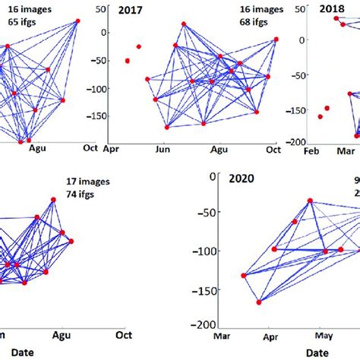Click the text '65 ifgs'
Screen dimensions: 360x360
26,22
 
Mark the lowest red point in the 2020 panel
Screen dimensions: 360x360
259,302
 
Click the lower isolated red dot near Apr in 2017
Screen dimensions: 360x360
127,61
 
